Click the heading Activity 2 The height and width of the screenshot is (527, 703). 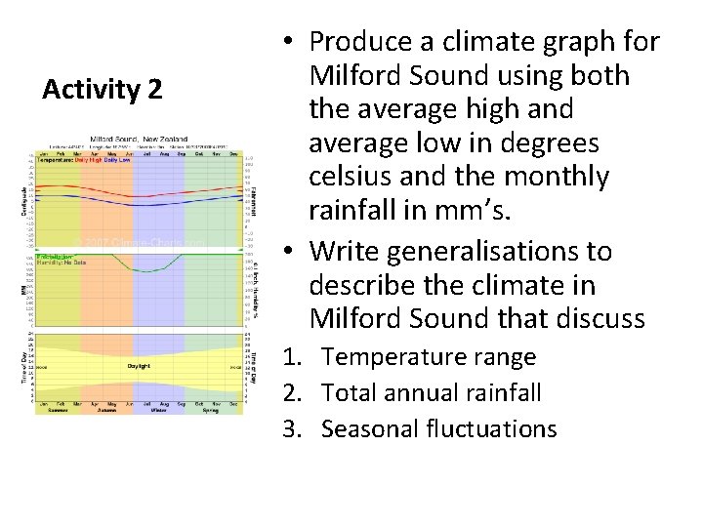coord(102,90)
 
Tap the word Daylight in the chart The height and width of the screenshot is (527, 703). coord(139,366)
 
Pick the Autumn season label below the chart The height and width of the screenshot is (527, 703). coord(106,410)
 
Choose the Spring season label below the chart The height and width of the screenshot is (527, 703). coord(211,410)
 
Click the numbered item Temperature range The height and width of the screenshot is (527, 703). coord(429,357)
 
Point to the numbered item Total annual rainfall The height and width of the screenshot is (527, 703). coord(431,393)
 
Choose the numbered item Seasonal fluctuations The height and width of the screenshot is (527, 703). coord(438,428)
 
